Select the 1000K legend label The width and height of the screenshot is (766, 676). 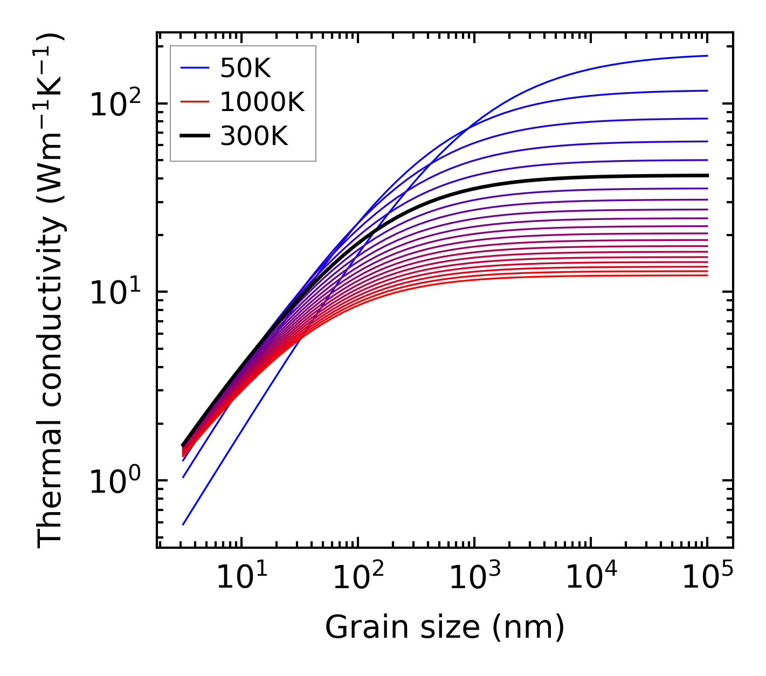tap(262, 102)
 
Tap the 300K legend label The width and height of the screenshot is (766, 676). tap(254, 136)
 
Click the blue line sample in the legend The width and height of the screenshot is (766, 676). tap(195, 68)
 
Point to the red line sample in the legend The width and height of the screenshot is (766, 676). tap(195, 102)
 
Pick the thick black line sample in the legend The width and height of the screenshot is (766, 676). tap(195, 136)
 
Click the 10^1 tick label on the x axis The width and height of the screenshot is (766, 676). tap(241, 578)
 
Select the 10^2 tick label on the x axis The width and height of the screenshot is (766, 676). tap(358, 578)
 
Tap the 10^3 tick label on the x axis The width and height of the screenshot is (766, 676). tap(474, 578)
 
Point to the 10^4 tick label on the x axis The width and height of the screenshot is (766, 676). tap(591, 578)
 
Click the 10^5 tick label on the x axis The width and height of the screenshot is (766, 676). tap(707, 578)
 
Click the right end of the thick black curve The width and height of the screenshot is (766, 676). tap(707, 175)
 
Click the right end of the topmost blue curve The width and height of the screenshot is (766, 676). tap(707, 56)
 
